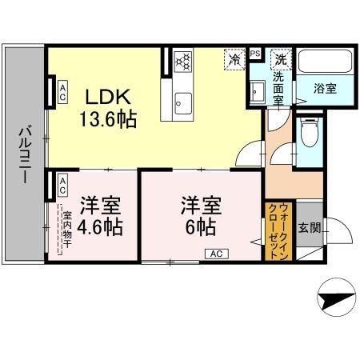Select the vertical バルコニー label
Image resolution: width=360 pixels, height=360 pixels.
click(22, 154)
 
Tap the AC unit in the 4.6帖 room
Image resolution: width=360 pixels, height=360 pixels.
click(62, 185)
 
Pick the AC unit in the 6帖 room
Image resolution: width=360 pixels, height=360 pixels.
click(216, 254)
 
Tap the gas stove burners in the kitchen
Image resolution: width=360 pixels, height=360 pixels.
click(183, 62)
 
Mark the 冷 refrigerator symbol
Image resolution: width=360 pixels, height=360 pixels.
click(235, 58)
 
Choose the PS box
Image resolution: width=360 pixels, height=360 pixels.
click(255, 54)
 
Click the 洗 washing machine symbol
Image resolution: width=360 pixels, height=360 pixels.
click(281, 58)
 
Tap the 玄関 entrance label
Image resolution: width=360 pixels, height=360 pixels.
click(310, 227)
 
